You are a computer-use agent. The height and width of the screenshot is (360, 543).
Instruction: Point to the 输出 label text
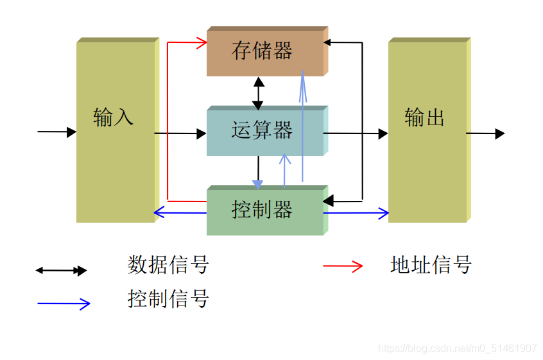point(424,118)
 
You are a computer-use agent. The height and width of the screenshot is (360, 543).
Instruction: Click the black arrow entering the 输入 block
point(56,132)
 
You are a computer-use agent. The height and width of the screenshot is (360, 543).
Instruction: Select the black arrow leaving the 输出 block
point(485,133)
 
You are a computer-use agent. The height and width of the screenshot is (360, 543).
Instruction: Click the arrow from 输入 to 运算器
point(180,133)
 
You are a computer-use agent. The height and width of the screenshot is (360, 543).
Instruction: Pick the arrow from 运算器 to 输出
point(356,133)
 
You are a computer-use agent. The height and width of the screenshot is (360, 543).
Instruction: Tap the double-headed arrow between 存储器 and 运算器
point(258,93)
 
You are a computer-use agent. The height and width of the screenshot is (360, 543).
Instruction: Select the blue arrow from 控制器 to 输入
point(180,212)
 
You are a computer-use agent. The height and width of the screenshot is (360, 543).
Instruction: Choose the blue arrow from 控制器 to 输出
point(357,212)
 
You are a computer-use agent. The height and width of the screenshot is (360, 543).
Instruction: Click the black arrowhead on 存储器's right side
point(327,43)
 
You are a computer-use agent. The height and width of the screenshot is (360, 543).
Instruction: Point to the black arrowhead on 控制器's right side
point(327,201)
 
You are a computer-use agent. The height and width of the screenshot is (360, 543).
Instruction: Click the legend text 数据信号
point(168,264)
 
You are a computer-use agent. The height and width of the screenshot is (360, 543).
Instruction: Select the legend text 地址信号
point(431,264)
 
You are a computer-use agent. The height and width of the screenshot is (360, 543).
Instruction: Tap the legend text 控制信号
point(168,298)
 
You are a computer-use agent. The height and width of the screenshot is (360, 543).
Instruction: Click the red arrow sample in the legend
point(343,266)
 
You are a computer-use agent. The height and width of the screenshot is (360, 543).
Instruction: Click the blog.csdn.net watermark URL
point(457,348)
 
